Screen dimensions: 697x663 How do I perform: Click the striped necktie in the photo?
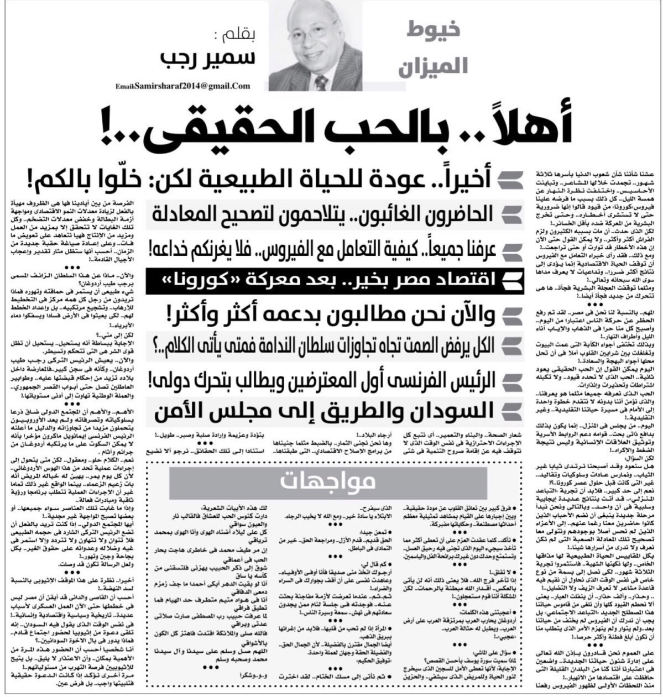pyautogui.click(x=321, y=82)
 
